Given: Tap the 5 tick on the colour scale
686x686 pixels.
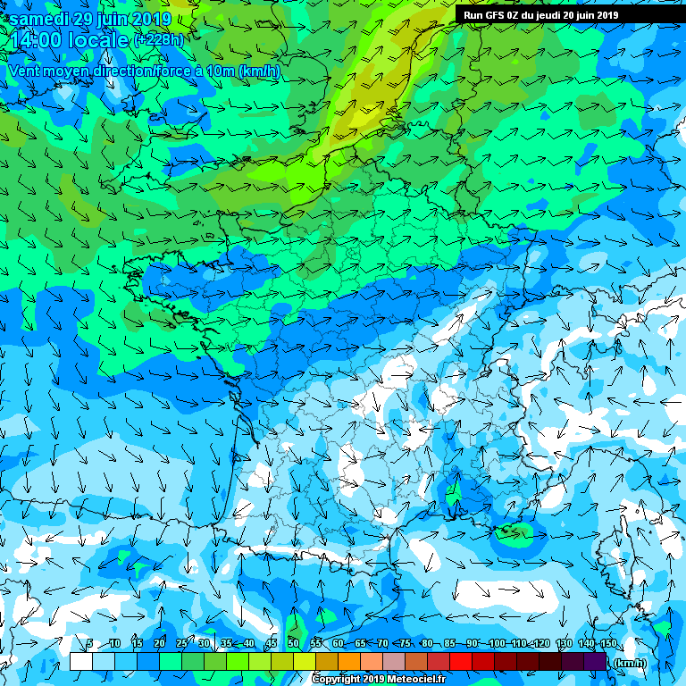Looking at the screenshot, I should [90, 643].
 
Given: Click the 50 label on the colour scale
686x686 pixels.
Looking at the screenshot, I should [293, 643].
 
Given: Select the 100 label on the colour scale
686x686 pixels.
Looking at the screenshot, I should [498, 643].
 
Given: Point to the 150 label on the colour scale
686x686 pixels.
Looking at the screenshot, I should [608, 643].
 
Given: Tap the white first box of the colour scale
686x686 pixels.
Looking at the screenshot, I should [80, 662].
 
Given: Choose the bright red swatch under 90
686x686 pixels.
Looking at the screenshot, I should [460, 662].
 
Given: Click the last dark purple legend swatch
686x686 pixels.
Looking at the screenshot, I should [597, 662].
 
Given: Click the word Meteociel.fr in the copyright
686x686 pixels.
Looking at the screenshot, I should [413, 679].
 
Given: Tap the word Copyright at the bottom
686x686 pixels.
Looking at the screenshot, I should [336, 679].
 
